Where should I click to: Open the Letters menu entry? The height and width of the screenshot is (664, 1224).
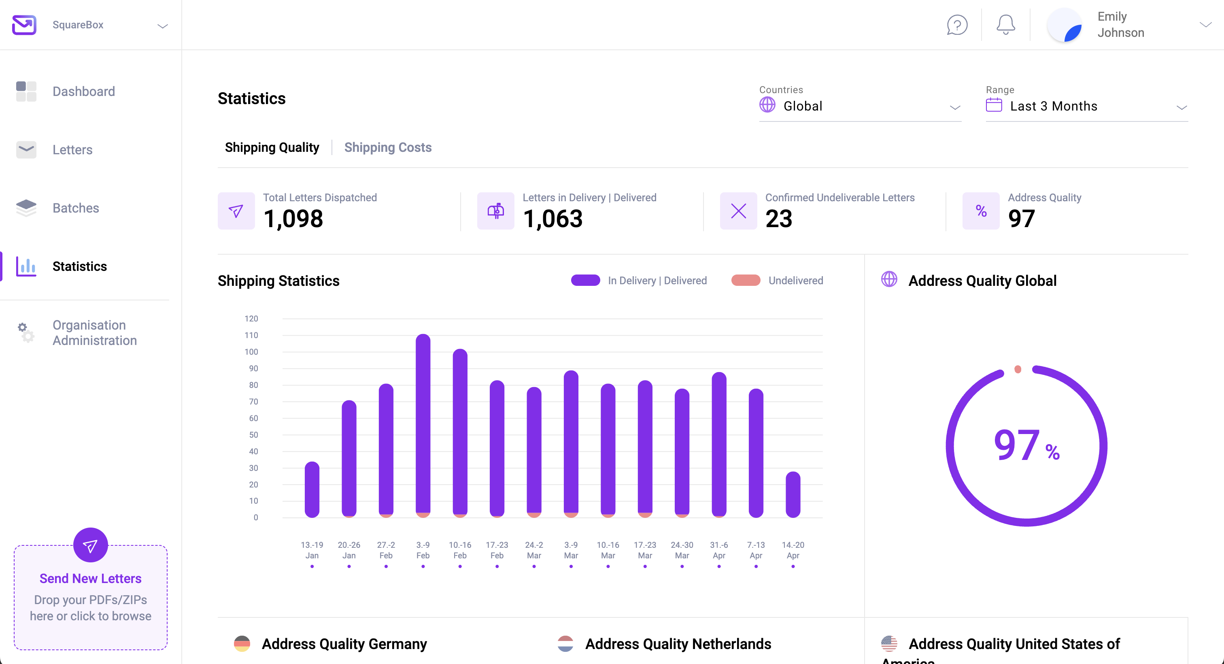(72, 150)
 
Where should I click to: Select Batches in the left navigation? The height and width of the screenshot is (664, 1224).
(76, 208)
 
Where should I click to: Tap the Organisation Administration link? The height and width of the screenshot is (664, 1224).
(95, 333)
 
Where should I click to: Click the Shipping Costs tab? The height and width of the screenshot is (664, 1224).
(388, 147)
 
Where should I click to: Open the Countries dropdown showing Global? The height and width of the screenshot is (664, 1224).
(860, 106)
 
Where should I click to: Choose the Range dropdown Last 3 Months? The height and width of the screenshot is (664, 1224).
(1086, 106)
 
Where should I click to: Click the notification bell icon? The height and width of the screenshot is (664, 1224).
(1005, 25)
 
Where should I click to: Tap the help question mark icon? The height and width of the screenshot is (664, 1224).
(957, 25)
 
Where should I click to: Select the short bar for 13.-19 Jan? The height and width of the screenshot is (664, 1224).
(312, 489)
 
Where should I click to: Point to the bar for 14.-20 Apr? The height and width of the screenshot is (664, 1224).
(793, 494)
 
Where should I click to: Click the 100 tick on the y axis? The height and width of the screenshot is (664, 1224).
(251, 352)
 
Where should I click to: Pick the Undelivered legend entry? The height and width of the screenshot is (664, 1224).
(795, 281)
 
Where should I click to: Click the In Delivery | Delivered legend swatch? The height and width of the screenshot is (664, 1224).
(585, 281)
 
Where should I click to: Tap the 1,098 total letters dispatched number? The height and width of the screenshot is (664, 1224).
(293, 219)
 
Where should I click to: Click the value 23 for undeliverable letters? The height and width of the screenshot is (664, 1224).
(778, 219)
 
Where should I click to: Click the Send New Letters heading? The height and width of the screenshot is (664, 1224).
(90, 579)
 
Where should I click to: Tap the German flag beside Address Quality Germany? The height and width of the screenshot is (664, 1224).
(242, 644)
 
